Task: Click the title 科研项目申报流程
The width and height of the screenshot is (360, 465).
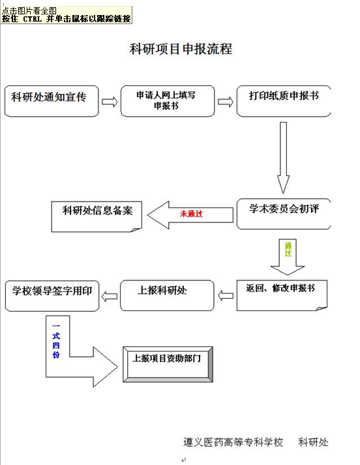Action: click(x=181, y=49)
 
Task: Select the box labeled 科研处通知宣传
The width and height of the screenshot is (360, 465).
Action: click(x=52, y=101)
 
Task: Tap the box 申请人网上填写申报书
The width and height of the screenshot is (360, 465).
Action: click(x=168, y=101)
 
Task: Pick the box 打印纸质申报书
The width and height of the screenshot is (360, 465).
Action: click(x=284, y=101)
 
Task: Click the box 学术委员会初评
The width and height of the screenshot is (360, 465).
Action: click(x=284, y=214)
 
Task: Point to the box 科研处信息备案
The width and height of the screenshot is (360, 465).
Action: click(x=97, y=217)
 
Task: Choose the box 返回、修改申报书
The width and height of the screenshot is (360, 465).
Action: click(x=282, y=295)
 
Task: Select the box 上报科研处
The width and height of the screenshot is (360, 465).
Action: click(x=167, y=295)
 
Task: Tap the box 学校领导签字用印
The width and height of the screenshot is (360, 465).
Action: click(x=52, y=296)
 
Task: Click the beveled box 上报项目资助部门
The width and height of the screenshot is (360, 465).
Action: click(x=168, y=364)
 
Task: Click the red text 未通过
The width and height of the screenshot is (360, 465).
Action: click(x=192, y=213)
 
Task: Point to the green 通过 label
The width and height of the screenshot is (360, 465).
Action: click(x=288, y=249)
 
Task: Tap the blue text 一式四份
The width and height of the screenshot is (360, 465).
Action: click(x=56, y=340)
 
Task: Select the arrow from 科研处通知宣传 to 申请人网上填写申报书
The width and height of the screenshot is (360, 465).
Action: click(x=110, y=102)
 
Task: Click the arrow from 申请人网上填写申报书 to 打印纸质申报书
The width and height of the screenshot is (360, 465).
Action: click(x=226, y=102)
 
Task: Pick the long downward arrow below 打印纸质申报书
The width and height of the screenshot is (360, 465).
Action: click(x=283, y=158)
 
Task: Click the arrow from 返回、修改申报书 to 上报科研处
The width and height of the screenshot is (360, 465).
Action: click(x=226, y=295)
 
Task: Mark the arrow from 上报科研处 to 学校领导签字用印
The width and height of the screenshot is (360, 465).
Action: click(x=110, y=296)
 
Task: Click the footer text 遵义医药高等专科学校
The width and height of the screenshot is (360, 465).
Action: click(x=233, y=442)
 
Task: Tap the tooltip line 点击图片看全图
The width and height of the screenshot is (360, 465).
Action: click(x=29, y=11)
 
